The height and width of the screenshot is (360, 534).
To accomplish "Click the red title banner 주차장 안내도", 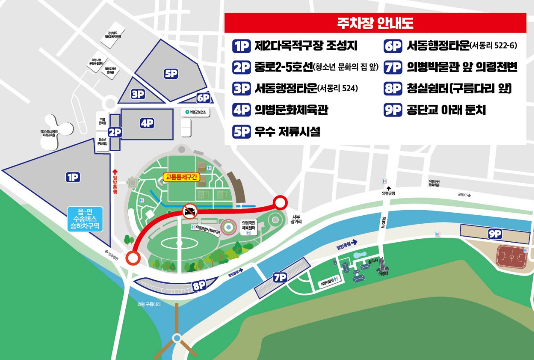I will (375, 23).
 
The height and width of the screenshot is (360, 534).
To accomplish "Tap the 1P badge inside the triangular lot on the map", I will (73, 178).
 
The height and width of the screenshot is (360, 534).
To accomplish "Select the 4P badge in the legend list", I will (241, 110).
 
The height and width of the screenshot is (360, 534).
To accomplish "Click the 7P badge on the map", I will (280, 277).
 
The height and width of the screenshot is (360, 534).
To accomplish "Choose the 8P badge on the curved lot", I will (199, 285).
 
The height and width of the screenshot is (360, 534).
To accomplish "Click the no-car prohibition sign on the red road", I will (189, 211).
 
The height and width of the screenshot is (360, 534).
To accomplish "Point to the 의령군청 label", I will (388, 194).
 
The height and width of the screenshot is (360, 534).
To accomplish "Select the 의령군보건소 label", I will (197, 112).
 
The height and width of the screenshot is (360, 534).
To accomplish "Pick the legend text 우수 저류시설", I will (287, 132).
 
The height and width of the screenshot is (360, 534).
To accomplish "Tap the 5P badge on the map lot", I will (171, 74).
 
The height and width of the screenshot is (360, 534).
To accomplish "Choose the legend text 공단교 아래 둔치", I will (446, 110).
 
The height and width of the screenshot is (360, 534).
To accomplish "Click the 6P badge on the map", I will (203, 98).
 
